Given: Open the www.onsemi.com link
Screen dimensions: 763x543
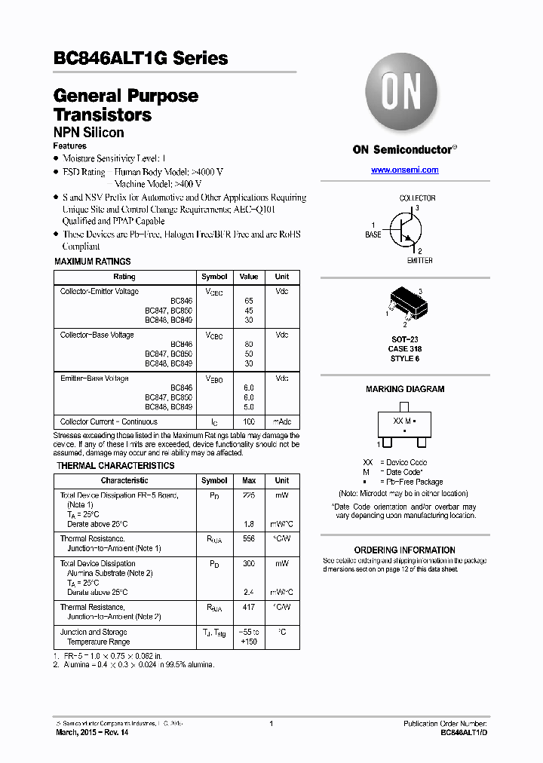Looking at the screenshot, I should tap(404, 170).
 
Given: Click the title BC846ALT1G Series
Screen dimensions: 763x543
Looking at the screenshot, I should tap(141, 58).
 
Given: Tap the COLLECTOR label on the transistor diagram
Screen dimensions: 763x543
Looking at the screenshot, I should tap(417, 198).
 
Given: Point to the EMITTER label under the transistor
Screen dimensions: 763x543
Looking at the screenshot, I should tap(419, 261).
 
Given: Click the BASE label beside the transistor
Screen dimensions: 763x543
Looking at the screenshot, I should tap(373, 235).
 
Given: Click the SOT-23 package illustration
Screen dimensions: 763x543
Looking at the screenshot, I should tap(404, 305).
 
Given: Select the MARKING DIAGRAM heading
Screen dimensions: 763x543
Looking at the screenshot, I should tap(405, 389).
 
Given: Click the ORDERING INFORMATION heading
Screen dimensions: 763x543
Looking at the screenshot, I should tap(405, 550).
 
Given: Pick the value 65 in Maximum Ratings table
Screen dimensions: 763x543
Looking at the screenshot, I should tap(249, 300).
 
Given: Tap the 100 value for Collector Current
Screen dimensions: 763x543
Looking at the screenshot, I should tap(249, 421).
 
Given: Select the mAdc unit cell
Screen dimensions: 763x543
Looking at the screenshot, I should tap(282, 421).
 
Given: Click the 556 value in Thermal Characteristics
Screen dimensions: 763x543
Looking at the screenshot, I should tap(249, 539).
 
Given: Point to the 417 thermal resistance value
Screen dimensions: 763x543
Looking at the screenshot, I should tap(249, 607).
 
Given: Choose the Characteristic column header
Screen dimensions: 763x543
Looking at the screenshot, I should tap(124, 480).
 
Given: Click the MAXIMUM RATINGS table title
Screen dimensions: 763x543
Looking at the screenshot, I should tap(93, 262).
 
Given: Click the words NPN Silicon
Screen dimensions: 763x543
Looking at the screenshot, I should tap(89, 133).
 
